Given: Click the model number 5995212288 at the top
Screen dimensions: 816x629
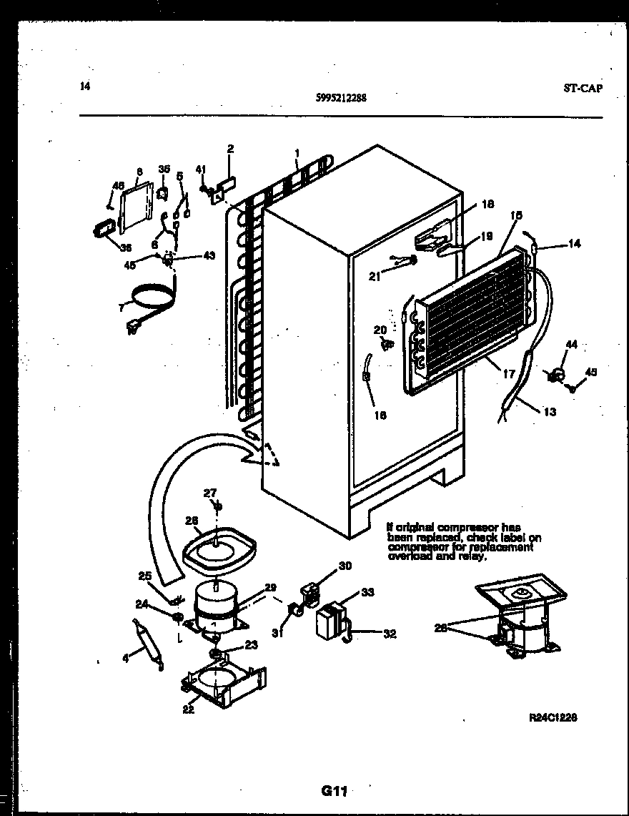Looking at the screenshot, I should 341,99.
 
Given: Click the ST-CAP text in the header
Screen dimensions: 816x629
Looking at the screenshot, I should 583,89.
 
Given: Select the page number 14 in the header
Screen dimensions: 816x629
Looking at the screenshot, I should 85,87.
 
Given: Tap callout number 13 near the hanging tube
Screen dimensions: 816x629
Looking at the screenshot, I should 550,412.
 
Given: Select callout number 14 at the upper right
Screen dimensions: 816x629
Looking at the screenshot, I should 575,244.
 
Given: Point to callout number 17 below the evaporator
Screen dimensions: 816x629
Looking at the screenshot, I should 510,373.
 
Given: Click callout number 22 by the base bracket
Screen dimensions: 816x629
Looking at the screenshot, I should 188,710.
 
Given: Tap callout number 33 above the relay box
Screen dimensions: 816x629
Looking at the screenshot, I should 367,592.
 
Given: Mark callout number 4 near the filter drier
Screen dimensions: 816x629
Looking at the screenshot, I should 127,659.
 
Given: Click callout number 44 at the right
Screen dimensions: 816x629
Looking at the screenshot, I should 570,345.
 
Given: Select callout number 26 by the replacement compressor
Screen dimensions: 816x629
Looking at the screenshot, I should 441,628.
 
